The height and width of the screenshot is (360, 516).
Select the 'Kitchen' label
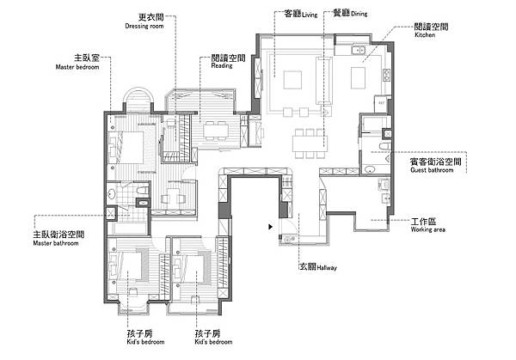point(425,36)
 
